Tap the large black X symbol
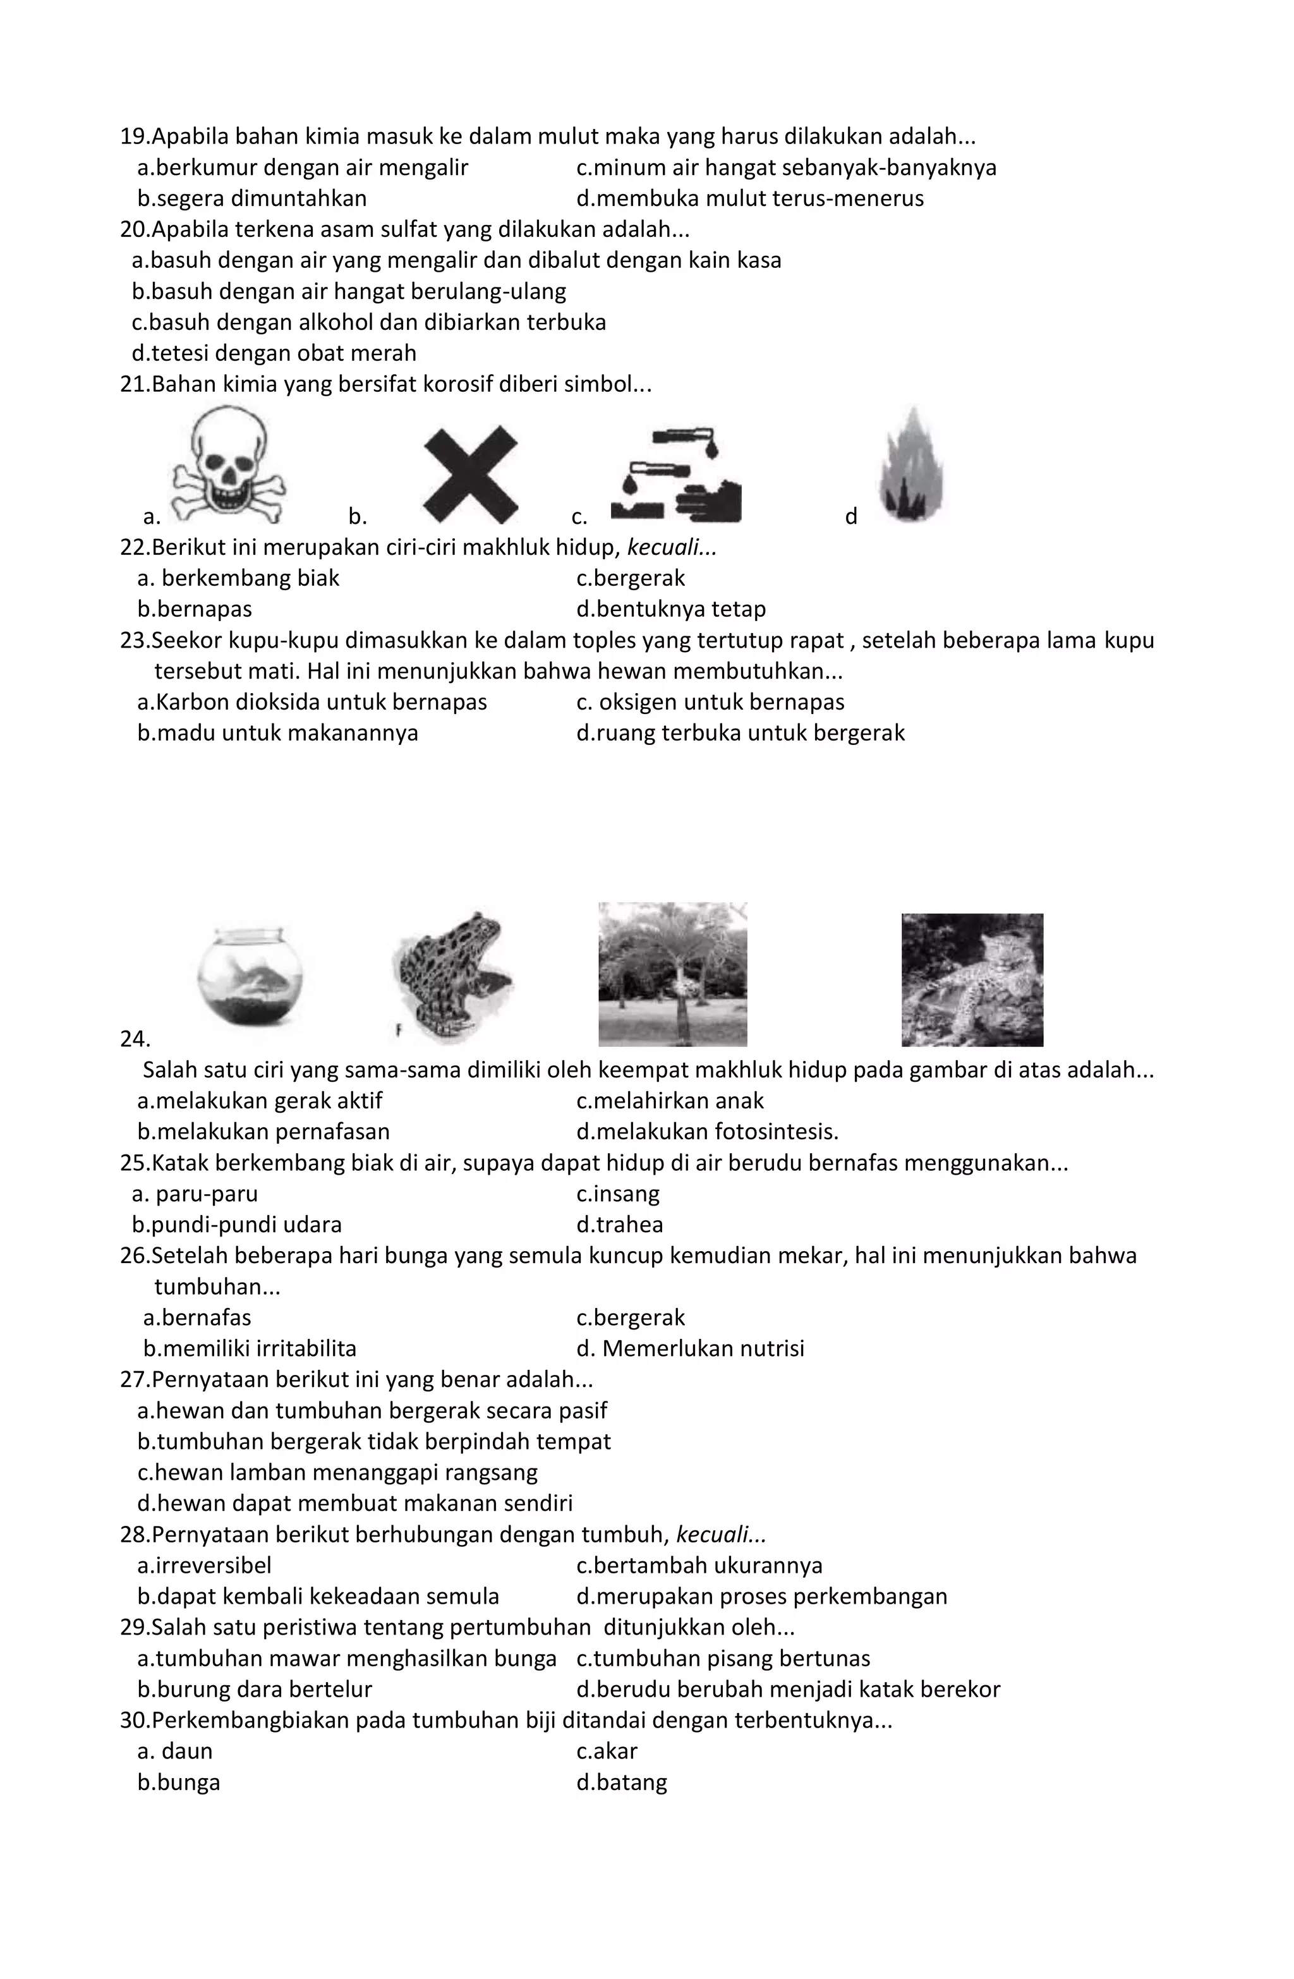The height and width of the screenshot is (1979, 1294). click(471, 474)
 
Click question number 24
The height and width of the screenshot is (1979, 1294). click(135, 1039)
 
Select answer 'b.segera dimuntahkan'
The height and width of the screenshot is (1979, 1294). click(252, 199)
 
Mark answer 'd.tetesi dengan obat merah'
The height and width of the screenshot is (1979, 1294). click(274, 353)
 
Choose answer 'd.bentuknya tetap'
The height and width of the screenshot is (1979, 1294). click(670, 610)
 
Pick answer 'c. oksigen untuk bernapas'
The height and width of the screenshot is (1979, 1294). click(710, 703)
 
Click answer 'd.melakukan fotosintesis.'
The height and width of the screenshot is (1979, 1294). click(707, 1132)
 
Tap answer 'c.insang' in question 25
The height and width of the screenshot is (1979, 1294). click(617, 1194)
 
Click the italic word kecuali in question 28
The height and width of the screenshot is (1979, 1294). click(720, 1535)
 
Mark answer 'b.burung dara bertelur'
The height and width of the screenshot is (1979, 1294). click(255, 1690)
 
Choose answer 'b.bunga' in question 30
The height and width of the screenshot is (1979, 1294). click(179, 1782)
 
